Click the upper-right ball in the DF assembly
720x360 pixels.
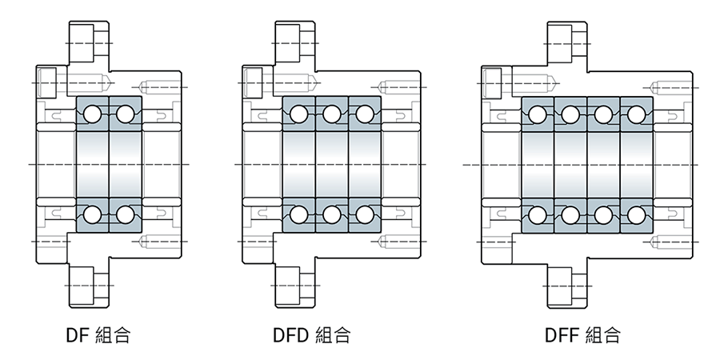pyautogui.click(x=124, y=114)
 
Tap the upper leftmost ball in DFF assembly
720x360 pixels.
pyautogui.click(x=537, y=114)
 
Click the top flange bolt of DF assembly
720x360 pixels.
pyautogui.click(x=88, y=41)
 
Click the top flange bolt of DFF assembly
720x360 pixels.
pyautogui.click(x=566, y=41)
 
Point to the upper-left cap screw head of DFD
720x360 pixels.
pyautogui.click(x=252, y=79)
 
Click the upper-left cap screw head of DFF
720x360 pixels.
pyautogui.click(x=491, y=79)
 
